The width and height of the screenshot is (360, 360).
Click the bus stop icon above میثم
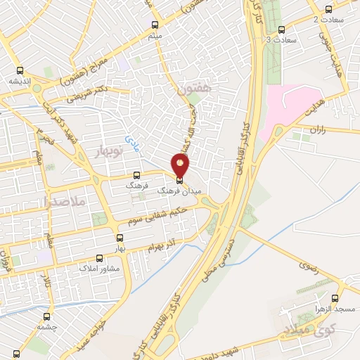click(x=155, y=24)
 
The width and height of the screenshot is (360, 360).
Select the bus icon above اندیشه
click(x=20, y=70)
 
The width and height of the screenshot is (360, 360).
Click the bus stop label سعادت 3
click(x=282, y=40)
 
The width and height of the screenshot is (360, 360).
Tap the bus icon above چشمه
click(x=47, y=316)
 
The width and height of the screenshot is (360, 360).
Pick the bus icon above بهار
click(x=120, y=238)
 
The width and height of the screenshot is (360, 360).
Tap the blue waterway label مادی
click(x=133, y=143)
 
